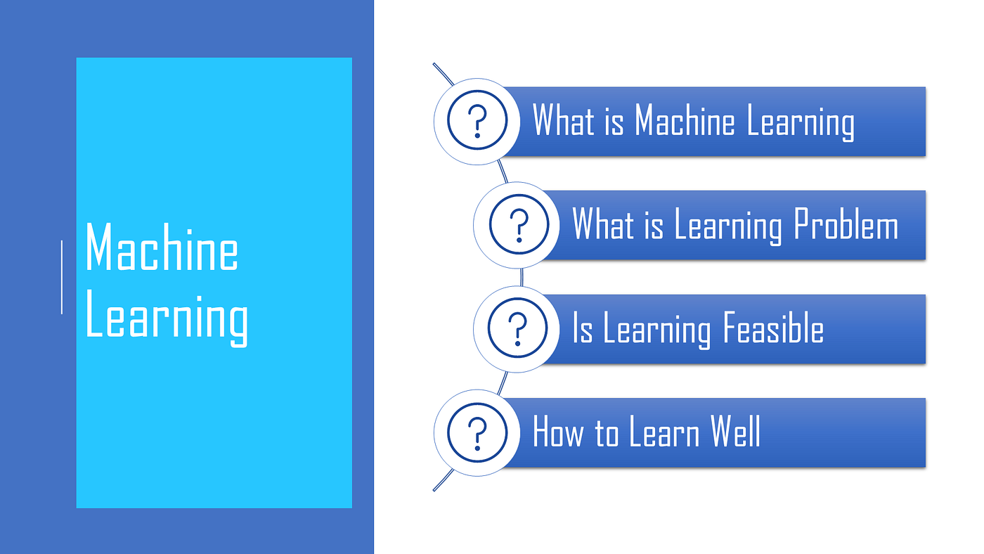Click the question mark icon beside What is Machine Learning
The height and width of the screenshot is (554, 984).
click(x=477, y=121)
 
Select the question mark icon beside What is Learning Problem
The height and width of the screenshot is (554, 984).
click(x=518, y=225)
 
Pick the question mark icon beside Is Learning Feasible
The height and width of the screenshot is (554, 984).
click(x=518, y=328)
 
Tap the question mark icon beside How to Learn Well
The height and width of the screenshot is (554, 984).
click(x=477, y=432)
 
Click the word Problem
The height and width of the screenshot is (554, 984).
click(x=846, y=226)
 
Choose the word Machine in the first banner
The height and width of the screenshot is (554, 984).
click(x=685, y=121)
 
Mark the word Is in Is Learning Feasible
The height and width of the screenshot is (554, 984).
click(x=583, y=329)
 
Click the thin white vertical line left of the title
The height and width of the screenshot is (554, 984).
click(x=62, y=277)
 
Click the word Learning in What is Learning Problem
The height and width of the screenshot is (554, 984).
click(x=728, y=227)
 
